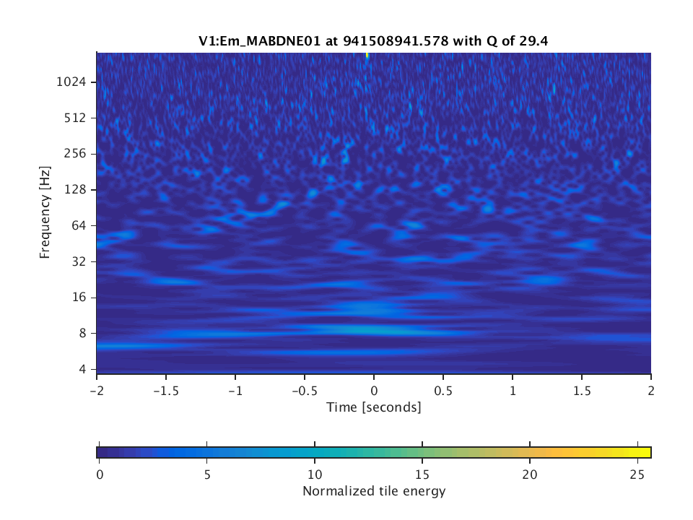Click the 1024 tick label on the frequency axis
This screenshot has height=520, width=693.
(71, 82)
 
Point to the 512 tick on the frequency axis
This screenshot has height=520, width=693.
(75, 118)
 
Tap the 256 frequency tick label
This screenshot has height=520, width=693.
(75, 154)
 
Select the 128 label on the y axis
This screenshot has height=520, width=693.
(75, 190)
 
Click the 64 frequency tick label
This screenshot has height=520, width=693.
(78, 226)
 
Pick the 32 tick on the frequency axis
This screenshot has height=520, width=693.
(78, 261)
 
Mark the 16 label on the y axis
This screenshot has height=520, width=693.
(78, 298)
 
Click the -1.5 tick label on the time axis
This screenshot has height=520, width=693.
(165, 389)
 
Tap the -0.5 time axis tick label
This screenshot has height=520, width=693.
(304, 389)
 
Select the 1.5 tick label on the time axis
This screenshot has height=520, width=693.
(582, 389)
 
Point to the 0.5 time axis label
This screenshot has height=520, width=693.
(443, 389)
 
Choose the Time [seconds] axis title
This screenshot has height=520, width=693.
(374, 407)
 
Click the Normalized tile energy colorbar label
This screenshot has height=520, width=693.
(374, 492)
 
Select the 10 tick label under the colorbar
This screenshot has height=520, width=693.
(314, 474)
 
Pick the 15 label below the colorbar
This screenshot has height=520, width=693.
(422, 474)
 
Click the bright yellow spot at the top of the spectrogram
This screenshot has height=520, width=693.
(367, 55)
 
